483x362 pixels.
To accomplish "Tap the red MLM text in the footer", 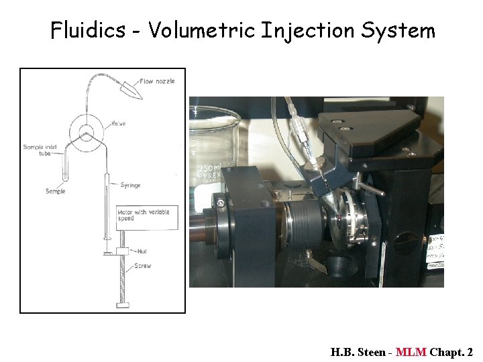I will pyautogui.click(x=411, y=352).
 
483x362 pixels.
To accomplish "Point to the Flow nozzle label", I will pyautogui.click(x=157, y=81).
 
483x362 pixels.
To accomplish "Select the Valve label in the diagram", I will pyautogui.click(x=118, y=123).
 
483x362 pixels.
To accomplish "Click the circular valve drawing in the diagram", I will pyautogui.click(x=87, y=129).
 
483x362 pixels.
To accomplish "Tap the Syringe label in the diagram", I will pyautogui.click(x=130, y=185).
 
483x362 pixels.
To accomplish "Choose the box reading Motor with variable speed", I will pyautogui.click(x=147, y=215).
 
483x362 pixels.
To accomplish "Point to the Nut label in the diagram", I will pyautogui.click(x=142, y=252).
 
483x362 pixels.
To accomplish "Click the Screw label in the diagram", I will pyautogui.click(x=142, y=266).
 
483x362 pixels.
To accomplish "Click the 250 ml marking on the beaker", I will pyautogui.click(x=207, y=167).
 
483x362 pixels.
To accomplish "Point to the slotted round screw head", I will pyautogui.click(x=219, y=202).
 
